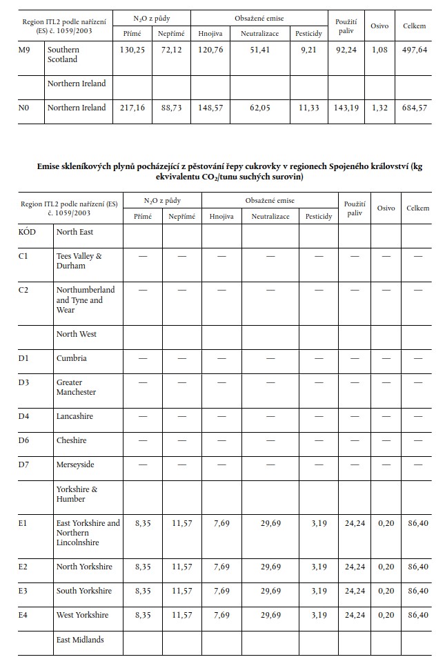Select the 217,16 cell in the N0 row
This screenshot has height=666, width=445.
click(x=131, y=108)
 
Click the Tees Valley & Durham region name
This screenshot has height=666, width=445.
click(x=79, y=260)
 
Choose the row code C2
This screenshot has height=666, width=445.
click(x=23, y=290)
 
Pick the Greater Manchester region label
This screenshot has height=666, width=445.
click(x=76, y=387)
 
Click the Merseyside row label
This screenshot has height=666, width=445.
click(x=75, y=464)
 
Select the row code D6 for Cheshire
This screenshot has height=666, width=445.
click(x=23, y=440)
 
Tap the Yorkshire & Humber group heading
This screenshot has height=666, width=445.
click(x=77, y=494)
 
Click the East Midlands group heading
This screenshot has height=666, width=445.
click(x=80, y=640)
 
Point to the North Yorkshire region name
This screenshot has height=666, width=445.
click(x=83, y=567)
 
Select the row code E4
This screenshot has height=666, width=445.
click(x=23, y=615)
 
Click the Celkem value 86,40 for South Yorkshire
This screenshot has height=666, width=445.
click(x=417, y=591)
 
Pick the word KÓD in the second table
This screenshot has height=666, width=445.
click(x=27, y=232)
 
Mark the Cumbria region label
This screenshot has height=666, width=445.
click(x=72, y=358)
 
